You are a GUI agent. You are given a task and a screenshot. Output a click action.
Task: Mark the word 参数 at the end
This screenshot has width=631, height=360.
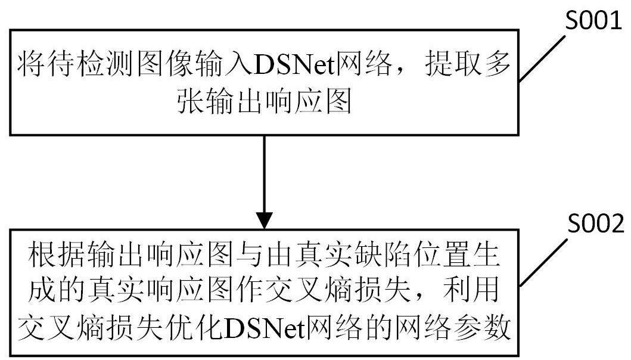coord(482,326)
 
